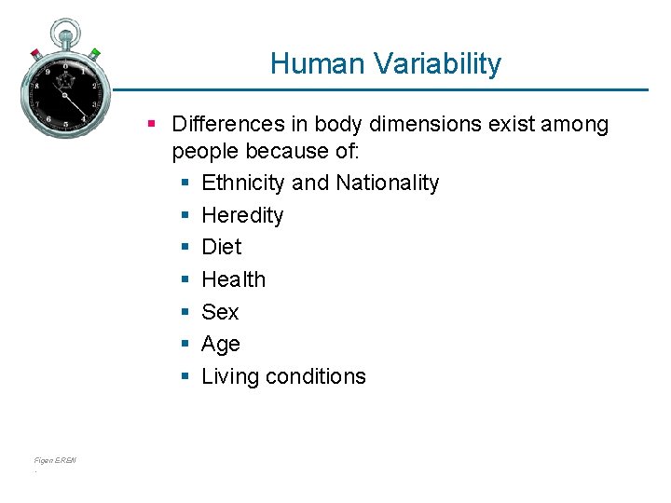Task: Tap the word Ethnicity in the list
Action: [243, 183]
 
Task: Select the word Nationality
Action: [387, 183]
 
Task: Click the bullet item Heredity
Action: [242, 215]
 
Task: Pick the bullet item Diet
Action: [221, 247]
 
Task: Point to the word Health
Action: [233, 279]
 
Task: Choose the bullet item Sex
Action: [220, 312]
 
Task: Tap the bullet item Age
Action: [221, 345]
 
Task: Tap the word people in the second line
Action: [203, 151]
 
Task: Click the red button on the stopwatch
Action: [35, 52]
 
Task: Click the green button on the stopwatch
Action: [95, 53]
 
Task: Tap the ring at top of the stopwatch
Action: [65, 30]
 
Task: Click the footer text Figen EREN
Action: [55, 460]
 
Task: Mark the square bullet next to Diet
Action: [185, 248]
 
